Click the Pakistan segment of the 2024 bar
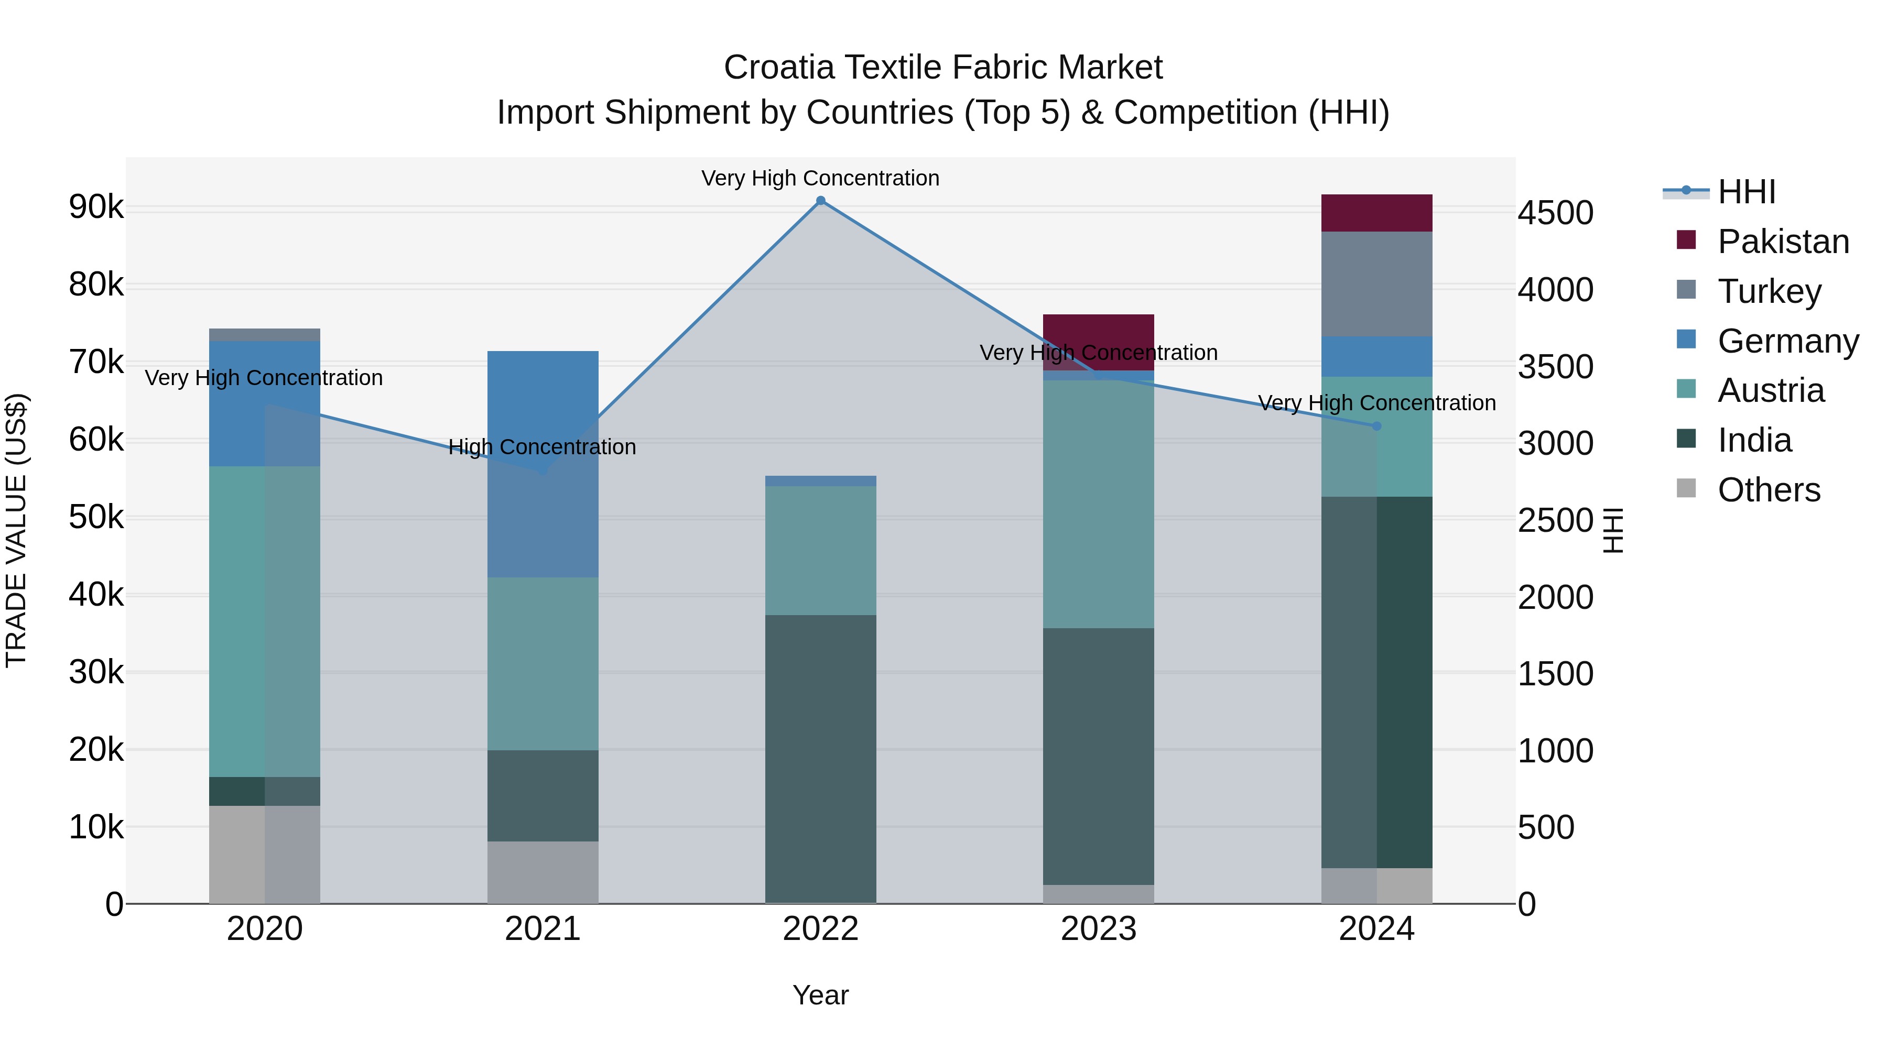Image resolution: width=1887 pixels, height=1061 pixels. (x=1376, y=213)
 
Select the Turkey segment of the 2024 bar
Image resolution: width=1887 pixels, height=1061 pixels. (x=1376, y=284)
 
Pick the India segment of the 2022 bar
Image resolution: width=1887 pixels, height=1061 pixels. (x=820, y=759)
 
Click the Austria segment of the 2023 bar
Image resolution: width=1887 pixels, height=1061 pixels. (x=1098, y=504)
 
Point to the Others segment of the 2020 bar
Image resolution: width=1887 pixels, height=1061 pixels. (x=265, y=855)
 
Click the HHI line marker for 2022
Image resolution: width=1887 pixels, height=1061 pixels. (x=820, y=201)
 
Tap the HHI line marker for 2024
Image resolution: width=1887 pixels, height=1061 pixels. (x=1376, y=426)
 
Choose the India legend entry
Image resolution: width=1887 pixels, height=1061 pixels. (x=1754, y=440)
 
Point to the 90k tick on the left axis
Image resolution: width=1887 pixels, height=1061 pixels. (x=96, y=207)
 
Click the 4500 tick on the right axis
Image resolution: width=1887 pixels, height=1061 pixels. (x=1555, y=213)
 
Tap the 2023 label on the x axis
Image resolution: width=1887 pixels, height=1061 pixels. (x=1098, y=929)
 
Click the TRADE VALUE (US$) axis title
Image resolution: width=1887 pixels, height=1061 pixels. (x=17, y=530)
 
